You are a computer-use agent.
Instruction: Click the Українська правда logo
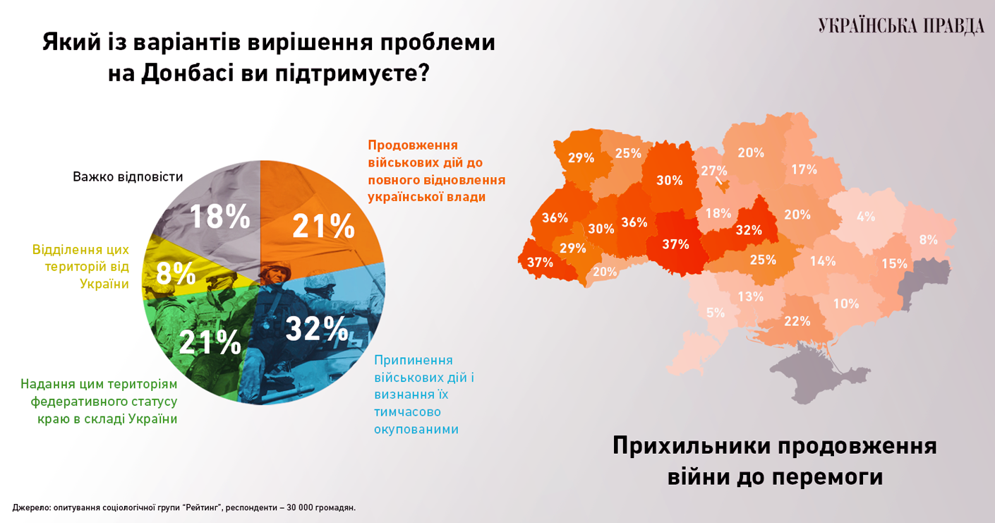tap(901, 26)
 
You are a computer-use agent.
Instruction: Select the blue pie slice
tap(325, 332)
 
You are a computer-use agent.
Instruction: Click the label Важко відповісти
tap(128, 176)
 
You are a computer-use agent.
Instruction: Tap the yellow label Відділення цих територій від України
tap(80, 267)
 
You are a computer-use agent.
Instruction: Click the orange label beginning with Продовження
tap(437, 171)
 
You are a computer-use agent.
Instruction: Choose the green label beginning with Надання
tap(99, 402)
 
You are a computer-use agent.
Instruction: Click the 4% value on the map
tap(866, 217)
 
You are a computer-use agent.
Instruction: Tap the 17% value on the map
tap(804, 169)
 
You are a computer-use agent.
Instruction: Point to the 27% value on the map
tap(713, 170)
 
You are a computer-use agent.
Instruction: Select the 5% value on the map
tap(716, 313)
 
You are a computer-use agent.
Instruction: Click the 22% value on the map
tap(797, 321)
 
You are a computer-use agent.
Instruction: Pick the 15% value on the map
tap(894, 263)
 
